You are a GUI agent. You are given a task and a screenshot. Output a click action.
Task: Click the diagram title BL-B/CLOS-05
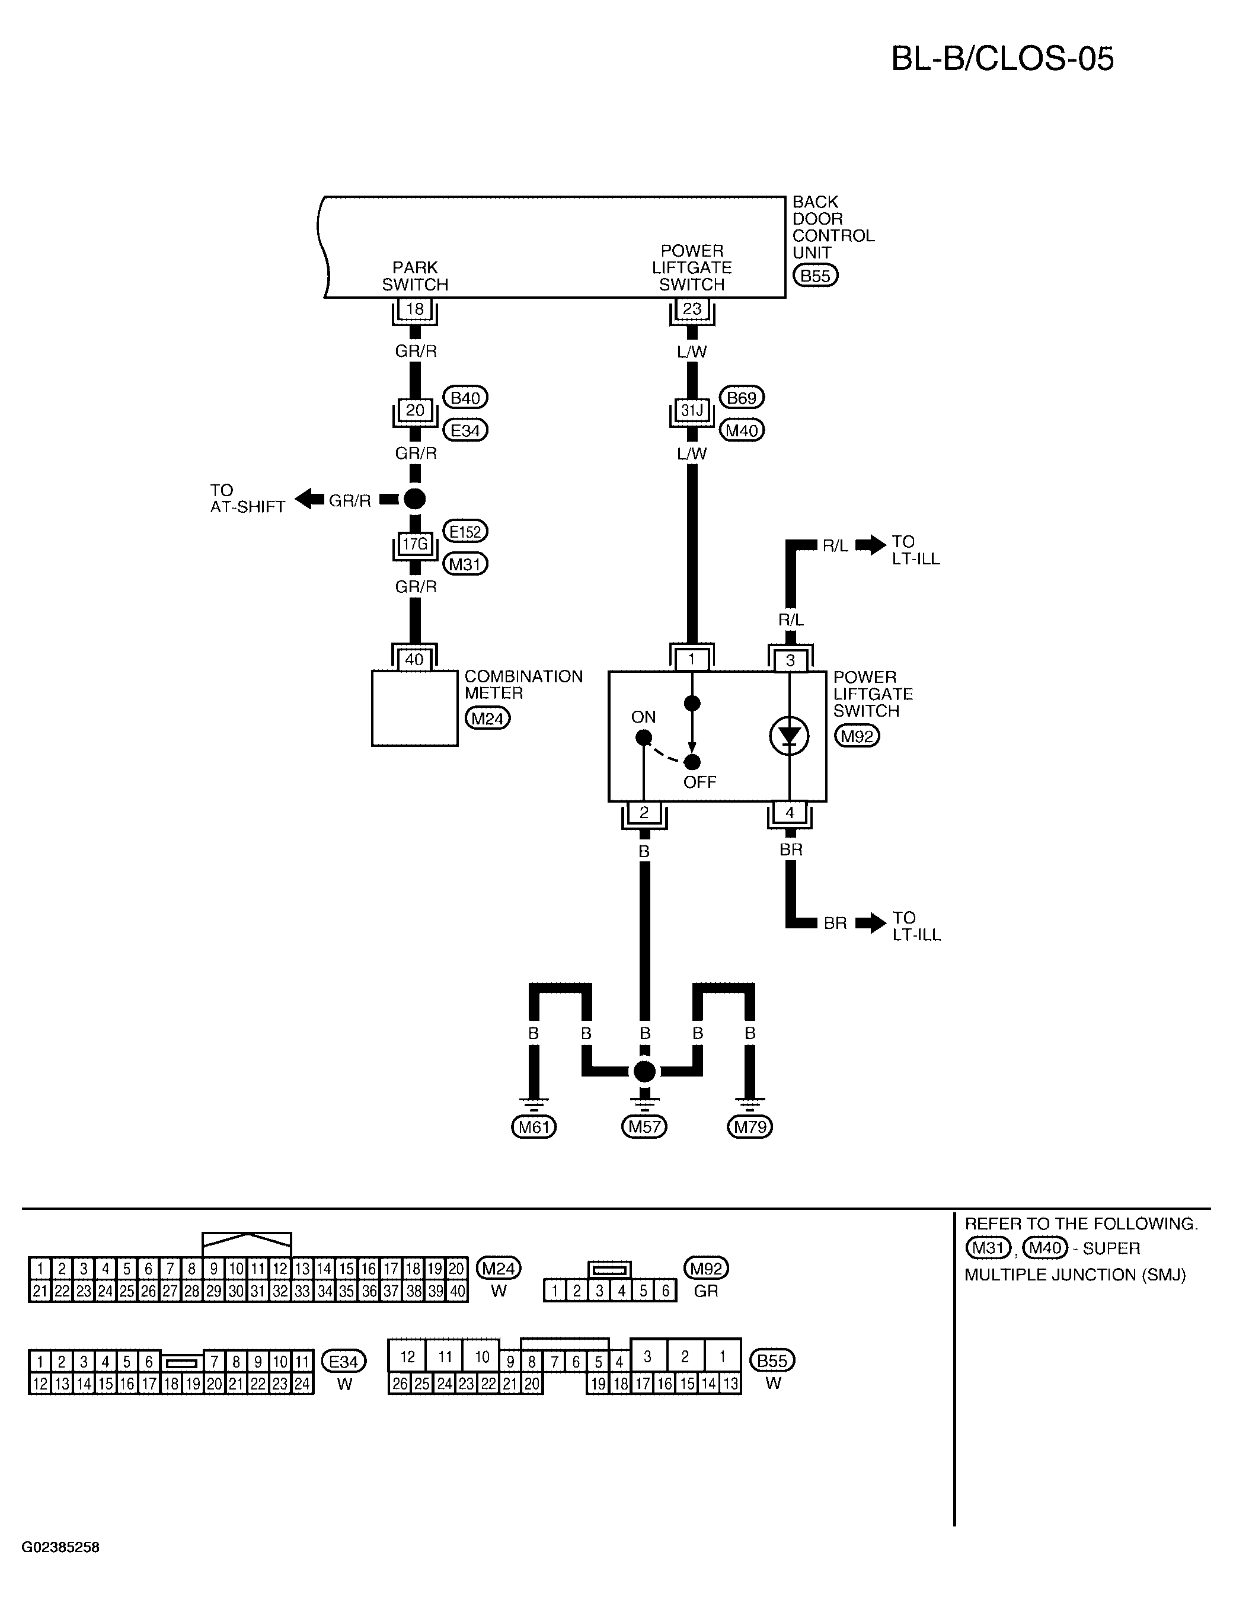1002,59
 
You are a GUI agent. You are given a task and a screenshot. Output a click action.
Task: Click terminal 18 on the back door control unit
415,309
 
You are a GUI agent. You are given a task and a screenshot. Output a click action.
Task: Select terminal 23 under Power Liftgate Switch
692,309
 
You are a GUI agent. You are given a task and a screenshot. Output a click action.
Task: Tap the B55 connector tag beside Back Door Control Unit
816,276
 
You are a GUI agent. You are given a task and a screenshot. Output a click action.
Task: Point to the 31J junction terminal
692,410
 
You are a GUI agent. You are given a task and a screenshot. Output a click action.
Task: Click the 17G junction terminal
415,544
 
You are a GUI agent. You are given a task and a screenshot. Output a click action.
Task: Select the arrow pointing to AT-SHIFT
309,500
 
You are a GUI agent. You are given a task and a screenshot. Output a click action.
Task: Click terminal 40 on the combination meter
415,660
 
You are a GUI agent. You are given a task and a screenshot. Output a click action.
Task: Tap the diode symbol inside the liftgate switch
789,736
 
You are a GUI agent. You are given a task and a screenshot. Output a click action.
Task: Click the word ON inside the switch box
644,717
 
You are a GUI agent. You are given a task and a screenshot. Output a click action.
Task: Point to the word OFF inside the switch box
700,782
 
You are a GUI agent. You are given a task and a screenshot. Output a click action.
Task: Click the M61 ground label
534,1128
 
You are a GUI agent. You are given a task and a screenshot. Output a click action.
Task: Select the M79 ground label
750,1128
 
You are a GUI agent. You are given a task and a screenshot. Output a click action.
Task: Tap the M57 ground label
644,1128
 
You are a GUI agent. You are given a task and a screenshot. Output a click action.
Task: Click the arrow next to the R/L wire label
870,545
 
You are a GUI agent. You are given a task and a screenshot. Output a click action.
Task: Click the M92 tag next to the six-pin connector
706,1268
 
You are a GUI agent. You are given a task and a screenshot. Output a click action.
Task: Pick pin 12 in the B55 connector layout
407,1357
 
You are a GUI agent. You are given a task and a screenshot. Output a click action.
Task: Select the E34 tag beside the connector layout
344,1362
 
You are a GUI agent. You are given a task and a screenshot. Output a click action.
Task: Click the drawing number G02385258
60,1547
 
